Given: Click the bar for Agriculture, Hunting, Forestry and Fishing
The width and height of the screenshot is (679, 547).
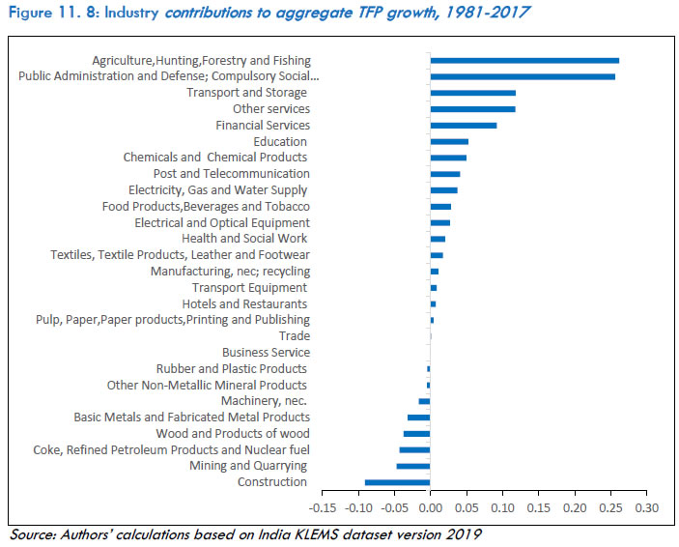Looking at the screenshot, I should tap(524, 60).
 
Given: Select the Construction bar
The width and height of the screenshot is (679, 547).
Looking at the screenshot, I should tap(397, 482).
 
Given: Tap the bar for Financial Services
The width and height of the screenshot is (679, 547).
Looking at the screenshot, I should tap(464, 125).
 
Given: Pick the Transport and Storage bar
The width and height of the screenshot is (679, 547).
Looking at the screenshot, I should tap(473, 93).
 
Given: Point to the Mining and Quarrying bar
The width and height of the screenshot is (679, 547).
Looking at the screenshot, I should tap(413, 466).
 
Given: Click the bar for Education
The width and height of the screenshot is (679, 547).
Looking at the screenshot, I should tap(449, 141).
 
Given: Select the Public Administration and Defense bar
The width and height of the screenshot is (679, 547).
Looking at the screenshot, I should tap(523, 76).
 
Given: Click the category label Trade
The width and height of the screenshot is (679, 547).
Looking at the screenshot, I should tap(294, 336).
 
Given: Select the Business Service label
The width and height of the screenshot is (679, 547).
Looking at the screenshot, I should tap(266, 353).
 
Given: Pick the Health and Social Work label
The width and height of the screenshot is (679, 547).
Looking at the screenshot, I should tap(244, 239).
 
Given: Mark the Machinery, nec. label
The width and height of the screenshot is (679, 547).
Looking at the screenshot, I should tap(264, 401).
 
